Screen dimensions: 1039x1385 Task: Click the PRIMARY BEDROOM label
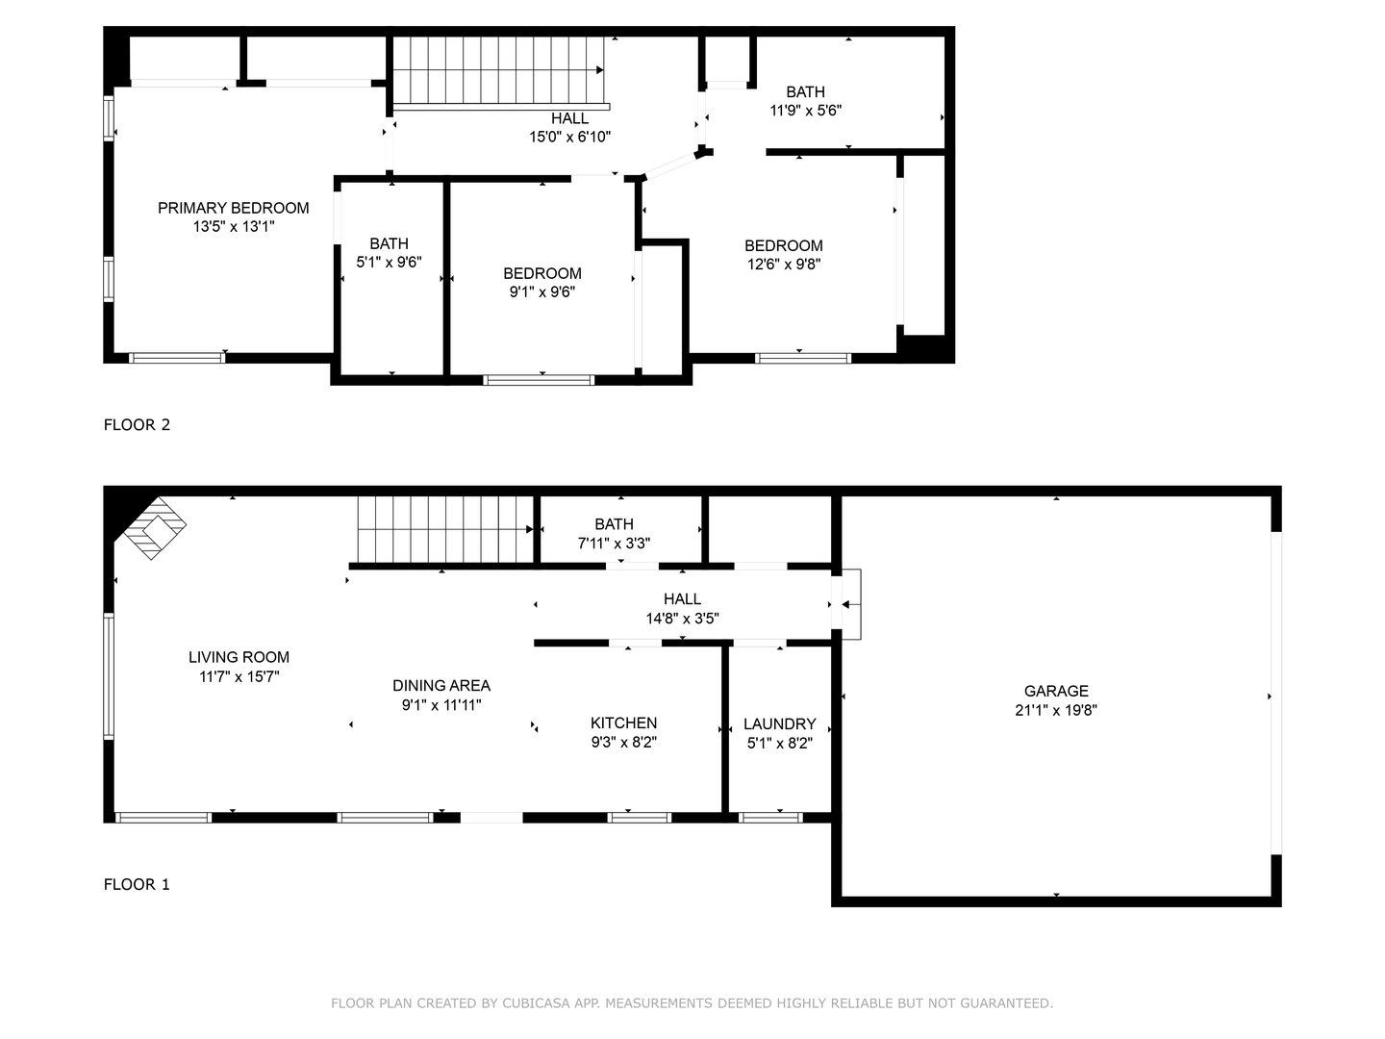pos(234,208)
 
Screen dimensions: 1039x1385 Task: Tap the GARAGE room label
pos(1056,691)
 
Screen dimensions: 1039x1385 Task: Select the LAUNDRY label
pos(779,723)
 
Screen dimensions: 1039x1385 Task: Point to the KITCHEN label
pos(623,722)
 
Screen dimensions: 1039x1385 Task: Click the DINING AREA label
pos(441,685)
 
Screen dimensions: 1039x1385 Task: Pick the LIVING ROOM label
pos(239,657)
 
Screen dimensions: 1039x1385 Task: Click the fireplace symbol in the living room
pos(154,527)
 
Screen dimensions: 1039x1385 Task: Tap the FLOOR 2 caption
pos(137,424)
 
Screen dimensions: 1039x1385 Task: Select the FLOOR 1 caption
pos(137,884)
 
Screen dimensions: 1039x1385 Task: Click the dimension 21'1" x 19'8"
pos(1056,711)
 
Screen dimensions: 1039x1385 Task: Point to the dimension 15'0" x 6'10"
pos(569,137)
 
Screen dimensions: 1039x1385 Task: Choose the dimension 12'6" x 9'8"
pos(784,264)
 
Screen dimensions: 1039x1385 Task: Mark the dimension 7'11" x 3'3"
pos(614,543)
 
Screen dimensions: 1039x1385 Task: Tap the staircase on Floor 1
pos(444,529)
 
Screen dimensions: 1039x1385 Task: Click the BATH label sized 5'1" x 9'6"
pos(389,243)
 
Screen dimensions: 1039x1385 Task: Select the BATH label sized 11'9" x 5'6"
pos(805,91)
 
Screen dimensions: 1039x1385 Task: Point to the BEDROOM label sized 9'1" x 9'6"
pos(542,273)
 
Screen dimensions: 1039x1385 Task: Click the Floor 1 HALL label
pos(682,598)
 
